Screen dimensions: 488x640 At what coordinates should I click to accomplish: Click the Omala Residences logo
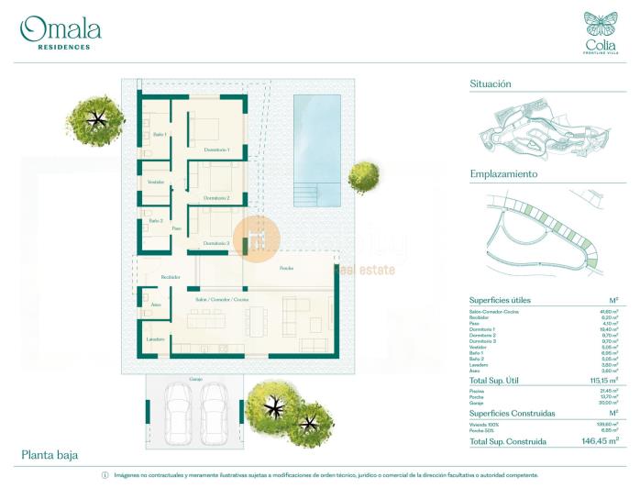point(61,32)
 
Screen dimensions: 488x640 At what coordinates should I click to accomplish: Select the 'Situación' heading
point(491,83)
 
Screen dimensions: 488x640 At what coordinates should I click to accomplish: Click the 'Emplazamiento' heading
point(503,173)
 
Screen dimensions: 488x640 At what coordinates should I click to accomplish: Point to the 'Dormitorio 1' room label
point(216,150)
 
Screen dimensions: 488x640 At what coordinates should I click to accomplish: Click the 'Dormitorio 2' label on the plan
point(216,198)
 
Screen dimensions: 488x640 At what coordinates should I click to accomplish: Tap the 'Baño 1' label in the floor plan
point(159,135)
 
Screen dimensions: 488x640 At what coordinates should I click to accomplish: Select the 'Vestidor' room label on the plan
point(156,182)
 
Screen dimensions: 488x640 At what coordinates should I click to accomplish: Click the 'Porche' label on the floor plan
point(287,267)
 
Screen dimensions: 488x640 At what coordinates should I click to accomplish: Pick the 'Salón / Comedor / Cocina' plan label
point(221,300)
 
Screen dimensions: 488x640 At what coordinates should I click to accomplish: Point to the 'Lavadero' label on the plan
point(156,339)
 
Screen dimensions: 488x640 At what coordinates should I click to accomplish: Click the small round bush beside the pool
point(363,176)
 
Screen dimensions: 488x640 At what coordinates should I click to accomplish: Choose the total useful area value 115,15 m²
point(601,379)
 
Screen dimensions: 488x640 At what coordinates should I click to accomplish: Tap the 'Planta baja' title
point(50,454)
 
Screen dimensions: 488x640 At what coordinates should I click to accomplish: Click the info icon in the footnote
point(105,475)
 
